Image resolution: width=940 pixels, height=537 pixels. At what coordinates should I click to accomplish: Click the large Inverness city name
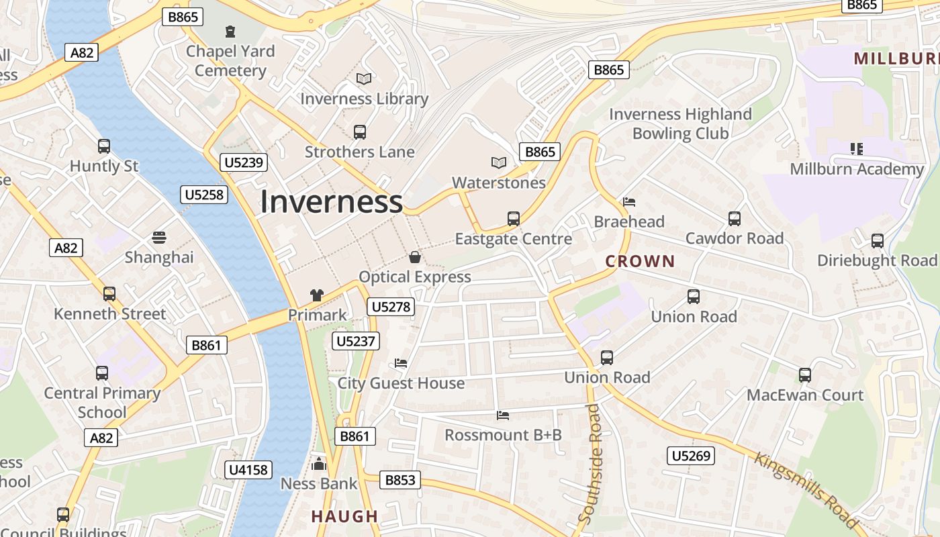[332, 201]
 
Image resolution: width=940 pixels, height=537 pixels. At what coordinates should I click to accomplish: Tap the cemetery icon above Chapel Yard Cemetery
[230, 31]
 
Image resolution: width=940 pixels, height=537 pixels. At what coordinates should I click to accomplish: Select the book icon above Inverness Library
[364, 79]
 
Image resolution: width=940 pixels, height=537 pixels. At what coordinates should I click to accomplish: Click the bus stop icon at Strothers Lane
[360, 132]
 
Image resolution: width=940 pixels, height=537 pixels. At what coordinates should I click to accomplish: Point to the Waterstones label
[498, 183]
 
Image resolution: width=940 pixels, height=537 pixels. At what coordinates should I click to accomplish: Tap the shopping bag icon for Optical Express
[415, 257]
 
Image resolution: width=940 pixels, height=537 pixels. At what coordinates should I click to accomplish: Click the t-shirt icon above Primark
[317, 295]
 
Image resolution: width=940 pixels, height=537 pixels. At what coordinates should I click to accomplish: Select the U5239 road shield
[244, 162]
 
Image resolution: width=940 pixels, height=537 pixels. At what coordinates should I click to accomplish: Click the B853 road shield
[402, 480]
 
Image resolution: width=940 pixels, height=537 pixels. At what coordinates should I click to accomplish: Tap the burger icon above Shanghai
[159, 237]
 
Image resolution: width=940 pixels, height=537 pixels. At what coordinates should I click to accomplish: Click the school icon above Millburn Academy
[856, 149]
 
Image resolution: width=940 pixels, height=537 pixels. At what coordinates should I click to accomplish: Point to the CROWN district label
[640, 261]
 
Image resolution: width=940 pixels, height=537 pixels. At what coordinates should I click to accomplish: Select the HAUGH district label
[344, 516]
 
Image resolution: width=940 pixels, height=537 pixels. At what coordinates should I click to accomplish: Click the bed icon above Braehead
[629, 201]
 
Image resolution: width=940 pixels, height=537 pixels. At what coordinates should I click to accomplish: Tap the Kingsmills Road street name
[806, 490]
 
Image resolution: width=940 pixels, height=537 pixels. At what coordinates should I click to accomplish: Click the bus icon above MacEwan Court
[805, 375]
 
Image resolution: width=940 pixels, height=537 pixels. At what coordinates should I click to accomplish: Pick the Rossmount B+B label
[503, 435]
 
